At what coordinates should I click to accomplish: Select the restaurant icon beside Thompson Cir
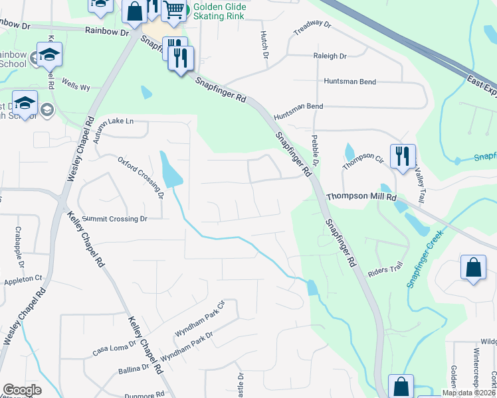click(402, 157)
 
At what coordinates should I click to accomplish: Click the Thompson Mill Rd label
click(361, 197)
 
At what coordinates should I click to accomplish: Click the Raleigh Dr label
click(330, 56)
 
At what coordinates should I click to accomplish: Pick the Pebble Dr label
click(316, 152)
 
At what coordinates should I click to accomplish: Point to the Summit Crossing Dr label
click(115, 219)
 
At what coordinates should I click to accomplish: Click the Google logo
click(22, 390)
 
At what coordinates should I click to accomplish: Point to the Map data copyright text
click(468, 393)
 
